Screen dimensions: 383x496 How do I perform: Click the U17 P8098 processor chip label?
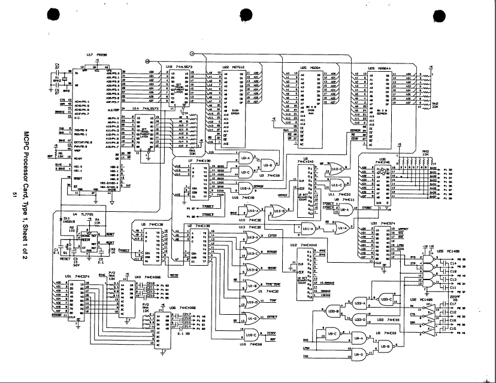97,54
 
